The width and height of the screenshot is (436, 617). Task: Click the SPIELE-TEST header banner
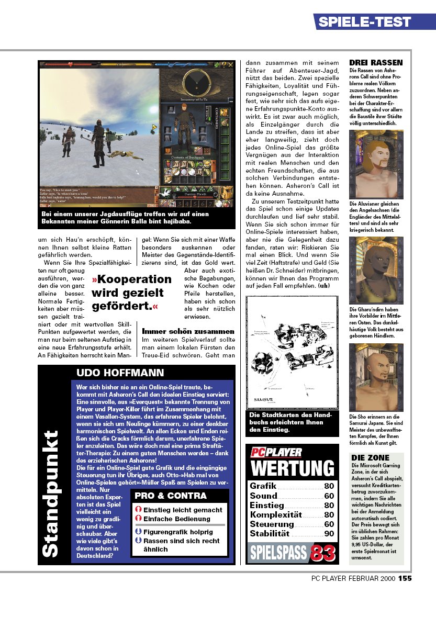point(364,22)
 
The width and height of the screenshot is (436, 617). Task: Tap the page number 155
point(405,578)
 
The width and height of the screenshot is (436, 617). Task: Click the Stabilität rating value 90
point(329,534)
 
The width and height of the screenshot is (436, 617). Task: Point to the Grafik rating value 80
point(329,486)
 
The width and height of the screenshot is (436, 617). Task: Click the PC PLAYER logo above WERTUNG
point(276,452)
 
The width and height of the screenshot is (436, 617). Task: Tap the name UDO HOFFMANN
point(120,373)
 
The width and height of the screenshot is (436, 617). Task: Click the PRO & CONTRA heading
point(170,496)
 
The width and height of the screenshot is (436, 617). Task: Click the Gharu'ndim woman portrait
point(376,271)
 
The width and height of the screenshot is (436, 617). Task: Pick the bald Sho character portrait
point(376,378)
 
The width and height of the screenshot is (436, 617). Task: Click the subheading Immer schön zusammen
point(188,331)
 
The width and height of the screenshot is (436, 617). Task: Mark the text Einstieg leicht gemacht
point(183,510)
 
